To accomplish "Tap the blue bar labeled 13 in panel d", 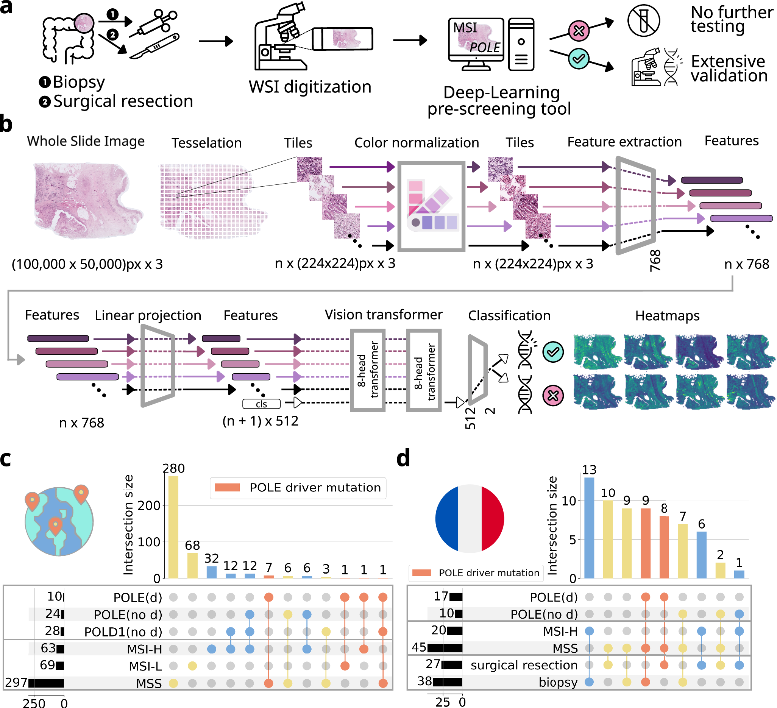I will [x=589, y=528].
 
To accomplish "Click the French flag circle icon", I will [x=470, y=518].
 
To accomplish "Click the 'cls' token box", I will [x=261, y=404].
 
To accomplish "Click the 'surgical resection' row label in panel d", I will [x=524, y=665].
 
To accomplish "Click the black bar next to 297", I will [x=46, y=683].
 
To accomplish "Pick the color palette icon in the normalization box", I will [x=432, y=206].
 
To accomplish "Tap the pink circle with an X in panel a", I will [x=579, y=31].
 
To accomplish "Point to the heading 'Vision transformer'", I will [x=384, y=315].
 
